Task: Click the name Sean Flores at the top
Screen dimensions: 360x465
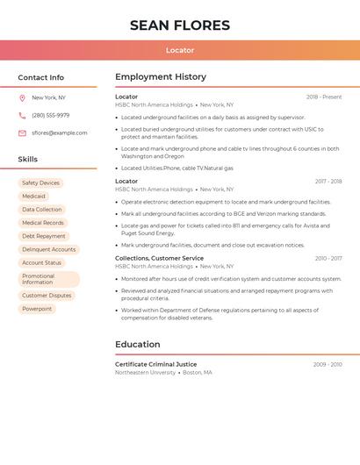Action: [x=180, y=25]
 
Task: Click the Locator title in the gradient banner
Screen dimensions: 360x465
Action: [x=180, y=50]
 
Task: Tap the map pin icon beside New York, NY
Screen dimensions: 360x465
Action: [x=22, y=98]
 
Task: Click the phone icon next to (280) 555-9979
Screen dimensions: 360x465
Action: [x=22, y=115]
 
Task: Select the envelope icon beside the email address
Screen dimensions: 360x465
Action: [x=22, y=133]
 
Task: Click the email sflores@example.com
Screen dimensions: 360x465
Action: [x=60, y=133]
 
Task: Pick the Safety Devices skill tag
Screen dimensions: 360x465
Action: [x=40, y=183]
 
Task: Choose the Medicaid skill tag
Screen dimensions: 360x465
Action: [x=33, y=197]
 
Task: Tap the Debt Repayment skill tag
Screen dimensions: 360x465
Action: [x=44, y=236]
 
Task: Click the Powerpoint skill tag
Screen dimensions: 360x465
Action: [x=37, y=309]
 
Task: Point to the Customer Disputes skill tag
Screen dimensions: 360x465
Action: [x=47, y=296]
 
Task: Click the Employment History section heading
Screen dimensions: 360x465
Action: [x=161, y=77]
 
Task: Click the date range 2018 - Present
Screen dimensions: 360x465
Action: [x=324, y=97]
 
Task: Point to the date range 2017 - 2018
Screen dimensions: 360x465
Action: [x=328, y=182]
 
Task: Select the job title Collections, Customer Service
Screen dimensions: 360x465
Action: [x=159, y=259]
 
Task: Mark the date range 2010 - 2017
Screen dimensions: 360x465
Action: [x=328, y=259]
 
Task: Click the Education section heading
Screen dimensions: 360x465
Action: [x=138, y=345]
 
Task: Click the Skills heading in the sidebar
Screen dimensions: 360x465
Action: [x=28, y=160]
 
